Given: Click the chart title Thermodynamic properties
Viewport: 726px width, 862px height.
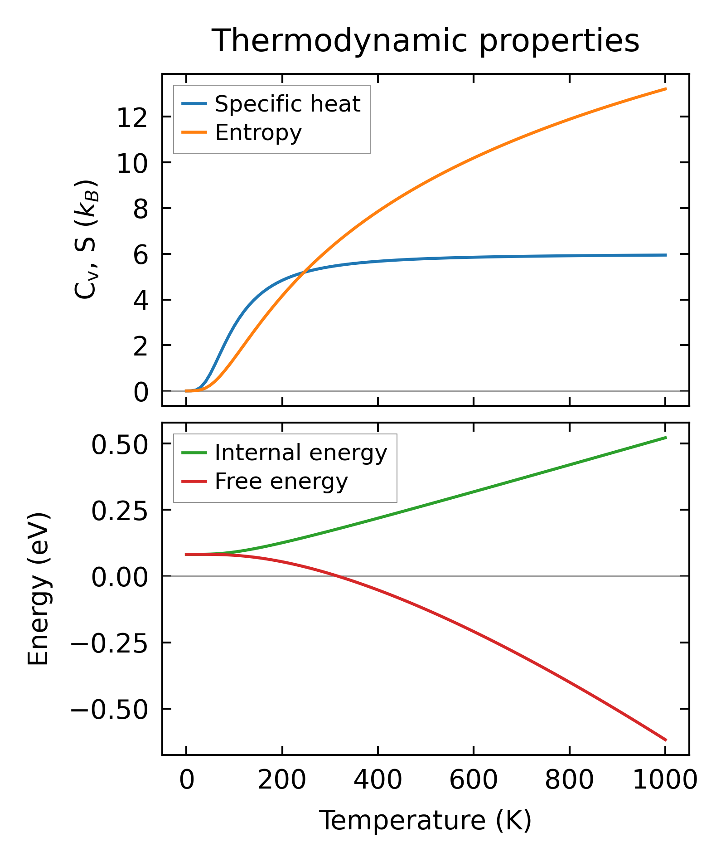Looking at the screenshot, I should pyautogui.click(x=426, y=41).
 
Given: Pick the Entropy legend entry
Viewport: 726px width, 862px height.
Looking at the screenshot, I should pyautogui.click(x=258, y=133).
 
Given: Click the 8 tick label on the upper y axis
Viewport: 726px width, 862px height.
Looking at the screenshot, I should pyautogui.click(x=141, y=209).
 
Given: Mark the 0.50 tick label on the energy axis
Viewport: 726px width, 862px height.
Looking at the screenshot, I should pyautogui.click(x=120, y=445).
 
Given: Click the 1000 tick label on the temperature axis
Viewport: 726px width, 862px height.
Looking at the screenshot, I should pyautogui.click(x=664, y=780).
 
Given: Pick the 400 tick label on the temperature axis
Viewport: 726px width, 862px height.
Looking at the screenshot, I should pyautogui.click(x=378, y=780).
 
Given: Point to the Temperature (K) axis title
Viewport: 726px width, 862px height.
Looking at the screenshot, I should pyautogui.click(x=426, y=821).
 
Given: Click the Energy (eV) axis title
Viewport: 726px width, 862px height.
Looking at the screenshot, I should pyautogui.click(x=38, y=589).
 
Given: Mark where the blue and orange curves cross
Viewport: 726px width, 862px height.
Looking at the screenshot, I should pyautogui.click(x=305, y=272).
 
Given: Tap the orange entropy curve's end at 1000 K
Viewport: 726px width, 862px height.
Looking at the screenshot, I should pyautogui.click(x=666, y=89).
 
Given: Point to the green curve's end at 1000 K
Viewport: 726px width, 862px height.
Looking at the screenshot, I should pyautogui.click(x=666, y=438).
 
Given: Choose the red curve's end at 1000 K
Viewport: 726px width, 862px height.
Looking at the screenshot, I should pyautogui.click(x=666, y=740).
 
